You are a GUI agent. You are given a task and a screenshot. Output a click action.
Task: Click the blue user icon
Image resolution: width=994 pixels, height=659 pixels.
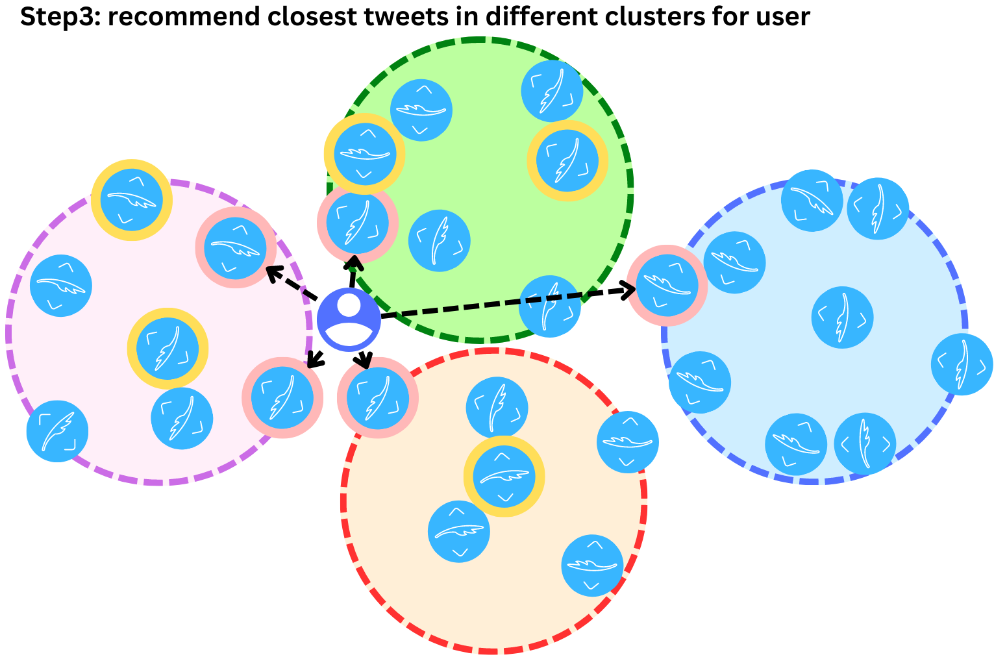pos(349,319)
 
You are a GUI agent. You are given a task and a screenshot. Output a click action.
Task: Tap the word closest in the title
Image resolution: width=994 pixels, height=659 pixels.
pos(312,16)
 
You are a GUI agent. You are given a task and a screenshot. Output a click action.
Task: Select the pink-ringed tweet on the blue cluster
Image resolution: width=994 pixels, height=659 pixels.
pos(667,285)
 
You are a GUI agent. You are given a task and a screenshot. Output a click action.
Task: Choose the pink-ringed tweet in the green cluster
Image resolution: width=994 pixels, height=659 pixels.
pos(357,222)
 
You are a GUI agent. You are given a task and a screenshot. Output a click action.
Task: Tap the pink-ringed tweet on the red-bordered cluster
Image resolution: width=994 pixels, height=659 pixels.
pos(377,397)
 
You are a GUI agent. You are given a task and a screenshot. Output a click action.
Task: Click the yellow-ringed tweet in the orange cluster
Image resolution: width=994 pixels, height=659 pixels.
pos(504,477)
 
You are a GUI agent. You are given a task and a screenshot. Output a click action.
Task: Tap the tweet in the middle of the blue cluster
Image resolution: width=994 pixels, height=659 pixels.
pos(842,317)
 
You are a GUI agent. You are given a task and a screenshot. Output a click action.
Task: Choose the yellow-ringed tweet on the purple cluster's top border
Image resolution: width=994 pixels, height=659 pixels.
pos(131,200)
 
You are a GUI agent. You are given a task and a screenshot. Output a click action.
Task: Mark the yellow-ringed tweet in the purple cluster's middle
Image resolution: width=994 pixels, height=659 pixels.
pos(167,348)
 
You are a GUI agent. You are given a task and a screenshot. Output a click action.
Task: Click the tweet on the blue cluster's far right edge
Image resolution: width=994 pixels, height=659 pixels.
pos(962,364)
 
